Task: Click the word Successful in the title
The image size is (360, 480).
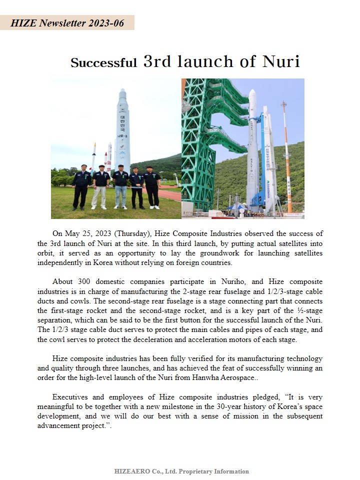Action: (x=103, y=63)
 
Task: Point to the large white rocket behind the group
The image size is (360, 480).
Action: (x=122, y=130)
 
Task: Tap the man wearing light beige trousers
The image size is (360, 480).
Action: (x=100, y=187)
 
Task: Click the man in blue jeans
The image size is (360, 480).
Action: (x=120, y=187)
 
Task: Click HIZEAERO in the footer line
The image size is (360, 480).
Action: (x=131, y=471)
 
